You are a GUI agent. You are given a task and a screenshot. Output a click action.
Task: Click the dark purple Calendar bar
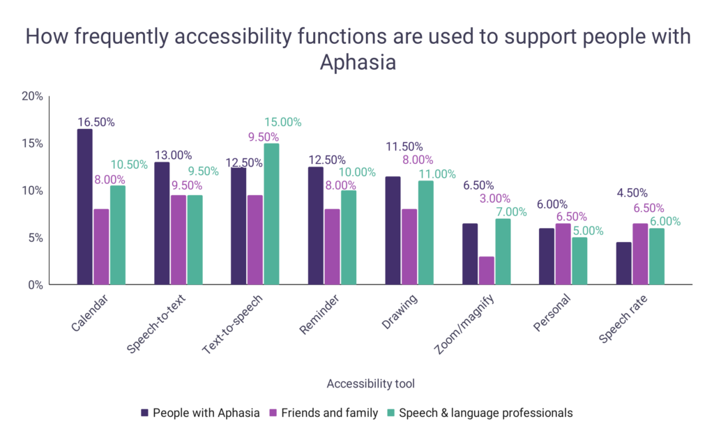pos(84,207)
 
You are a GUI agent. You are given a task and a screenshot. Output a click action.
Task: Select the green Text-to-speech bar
pos(271,215)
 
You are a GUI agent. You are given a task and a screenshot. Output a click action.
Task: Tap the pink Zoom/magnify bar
pos(486,270)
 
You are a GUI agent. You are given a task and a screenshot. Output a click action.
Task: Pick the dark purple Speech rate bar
pos(624,264)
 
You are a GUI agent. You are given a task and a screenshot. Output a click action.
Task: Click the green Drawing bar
pos(426,233)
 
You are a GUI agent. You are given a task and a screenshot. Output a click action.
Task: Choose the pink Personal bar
pos(563,254)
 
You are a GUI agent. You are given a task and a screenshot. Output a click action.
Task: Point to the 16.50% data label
pos(96,122)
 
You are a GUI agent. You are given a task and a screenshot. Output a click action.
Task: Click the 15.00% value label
pos(283,122)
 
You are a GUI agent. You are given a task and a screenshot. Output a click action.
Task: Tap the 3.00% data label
pos(495,199)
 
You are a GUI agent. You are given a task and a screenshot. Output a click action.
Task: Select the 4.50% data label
pos(632,193)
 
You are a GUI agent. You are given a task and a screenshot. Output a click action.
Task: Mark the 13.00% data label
pos(173,155)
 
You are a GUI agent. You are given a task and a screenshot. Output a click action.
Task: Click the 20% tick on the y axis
pos(32,96)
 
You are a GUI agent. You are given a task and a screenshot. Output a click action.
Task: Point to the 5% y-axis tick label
pos(36,238)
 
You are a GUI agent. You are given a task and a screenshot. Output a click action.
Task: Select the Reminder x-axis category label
pos(319,314)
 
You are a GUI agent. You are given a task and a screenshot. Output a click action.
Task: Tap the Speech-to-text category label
pos(156,323)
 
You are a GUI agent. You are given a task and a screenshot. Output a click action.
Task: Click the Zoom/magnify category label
pos(464,324)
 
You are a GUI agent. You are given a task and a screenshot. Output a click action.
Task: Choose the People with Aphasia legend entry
pos(200,413)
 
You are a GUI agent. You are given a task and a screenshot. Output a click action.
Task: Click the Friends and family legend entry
pos(324,413)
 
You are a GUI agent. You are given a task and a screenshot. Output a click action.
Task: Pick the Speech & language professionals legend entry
pos(480,413)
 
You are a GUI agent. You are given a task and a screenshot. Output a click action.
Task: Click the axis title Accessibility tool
pos(371,383)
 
